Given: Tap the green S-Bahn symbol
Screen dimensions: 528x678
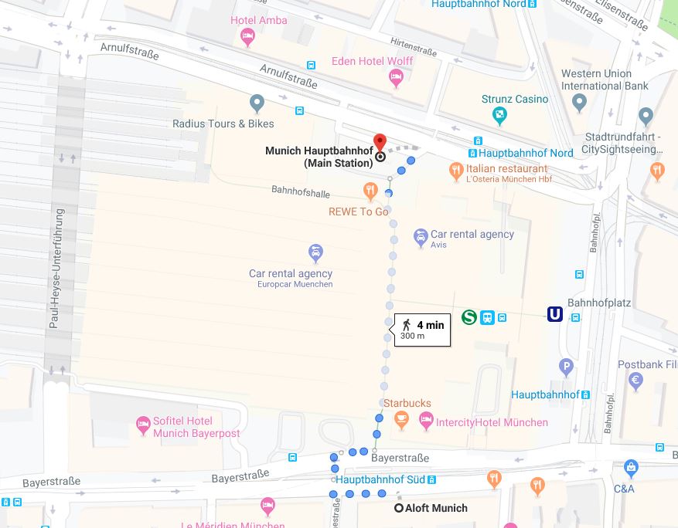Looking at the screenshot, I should [x=468, y=316].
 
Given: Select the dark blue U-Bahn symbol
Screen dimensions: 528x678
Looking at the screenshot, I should [x=554, y=314].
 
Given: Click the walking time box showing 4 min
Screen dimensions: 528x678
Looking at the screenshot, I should [x=422, y=330].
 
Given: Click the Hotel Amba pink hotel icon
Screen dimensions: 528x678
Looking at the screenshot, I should [x=247, y=35].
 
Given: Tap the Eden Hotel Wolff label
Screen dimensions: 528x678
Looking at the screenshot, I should [x=372, y=61].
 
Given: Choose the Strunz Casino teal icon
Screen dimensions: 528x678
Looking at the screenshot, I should [x=500, y=115].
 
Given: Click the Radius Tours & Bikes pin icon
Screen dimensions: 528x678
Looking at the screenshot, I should [x=257, y=103].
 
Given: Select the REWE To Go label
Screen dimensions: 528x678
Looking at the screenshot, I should [x=358, y=212].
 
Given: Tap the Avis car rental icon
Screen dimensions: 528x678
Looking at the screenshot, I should [x=420, y=236].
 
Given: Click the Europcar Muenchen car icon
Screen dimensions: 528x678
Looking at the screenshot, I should [x=315, y=252].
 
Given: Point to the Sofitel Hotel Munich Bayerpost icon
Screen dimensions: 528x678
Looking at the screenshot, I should [x=143, y=423].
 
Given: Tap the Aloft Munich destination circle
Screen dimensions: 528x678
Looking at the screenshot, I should [x=399, y=508].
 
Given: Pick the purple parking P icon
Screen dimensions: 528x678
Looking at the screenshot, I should [x=566, y=367].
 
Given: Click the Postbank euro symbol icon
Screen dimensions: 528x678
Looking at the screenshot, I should [x=635, y=380].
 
